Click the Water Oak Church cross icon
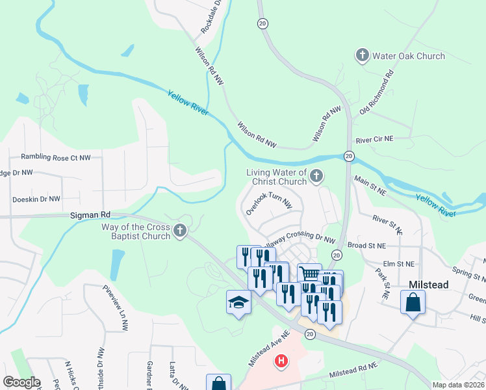click(363, 56)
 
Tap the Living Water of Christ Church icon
click(316, 176)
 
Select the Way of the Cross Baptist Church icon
click(180, 231)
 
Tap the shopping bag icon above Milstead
click(413, 303)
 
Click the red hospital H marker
click(281, 361)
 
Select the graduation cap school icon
click(238, 302)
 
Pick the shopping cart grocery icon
click(309, 274)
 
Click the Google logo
click(21, 382)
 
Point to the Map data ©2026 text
click(458, 385)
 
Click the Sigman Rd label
click(90, 214)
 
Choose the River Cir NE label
click(374, 139)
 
